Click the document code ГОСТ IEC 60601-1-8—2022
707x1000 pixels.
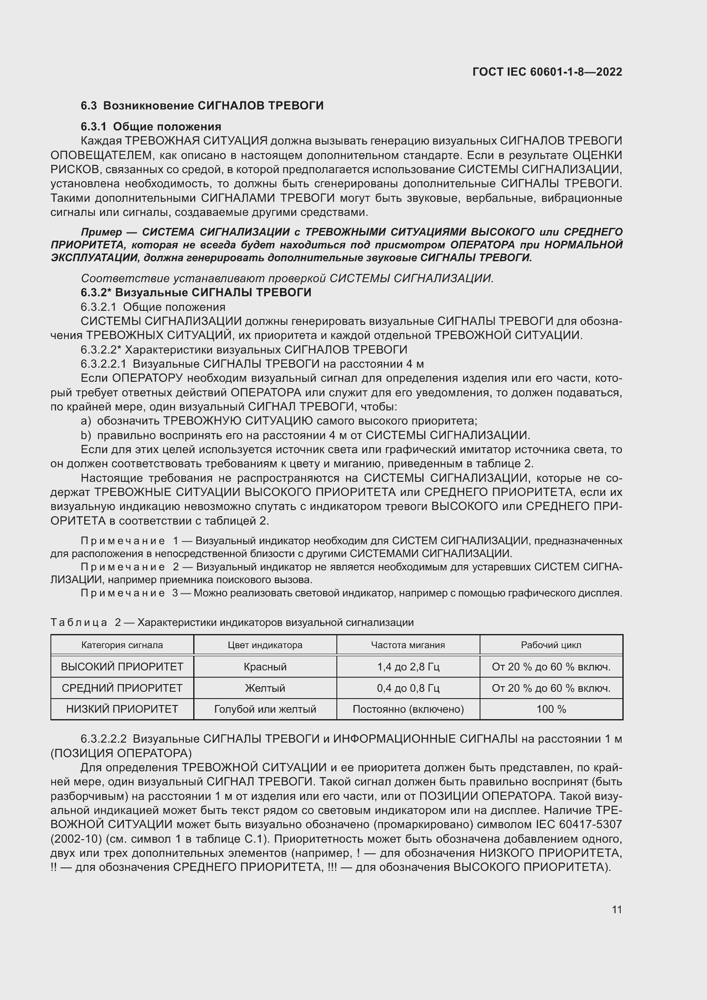(x=547, y=72)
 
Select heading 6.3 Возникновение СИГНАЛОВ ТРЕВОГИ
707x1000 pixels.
(x=202, y=106)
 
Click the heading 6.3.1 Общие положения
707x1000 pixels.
(x=150, y=127)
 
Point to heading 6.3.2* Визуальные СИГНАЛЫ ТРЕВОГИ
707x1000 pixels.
(x=196, y=292)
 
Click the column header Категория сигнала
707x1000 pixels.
(x=122, y=645)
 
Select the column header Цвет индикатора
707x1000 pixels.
(x=265, y=645)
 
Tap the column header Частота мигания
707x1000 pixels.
(x=408, y=645)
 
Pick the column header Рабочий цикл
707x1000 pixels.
(x=551, y=645)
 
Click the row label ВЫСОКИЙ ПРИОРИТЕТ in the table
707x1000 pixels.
(x=122, y=667)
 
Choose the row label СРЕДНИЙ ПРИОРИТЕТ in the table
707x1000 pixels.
(x=122, y=688)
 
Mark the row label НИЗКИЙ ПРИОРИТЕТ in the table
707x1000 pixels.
(x=122, y=709)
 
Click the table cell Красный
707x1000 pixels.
(x=265, y=667)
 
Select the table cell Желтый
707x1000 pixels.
(x=265, y=688)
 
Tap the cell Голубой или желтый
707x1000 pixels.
(x=265, y=709)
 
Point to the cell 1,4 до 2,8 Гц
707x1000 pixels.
(x=408, y=667)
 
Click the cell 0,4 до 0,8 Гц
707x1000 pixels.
(x=408, y=688)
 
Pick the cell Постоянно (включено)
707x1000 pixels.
(x=408, y=709)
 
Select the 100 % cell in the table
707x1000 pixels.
(x=551, y=709)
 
